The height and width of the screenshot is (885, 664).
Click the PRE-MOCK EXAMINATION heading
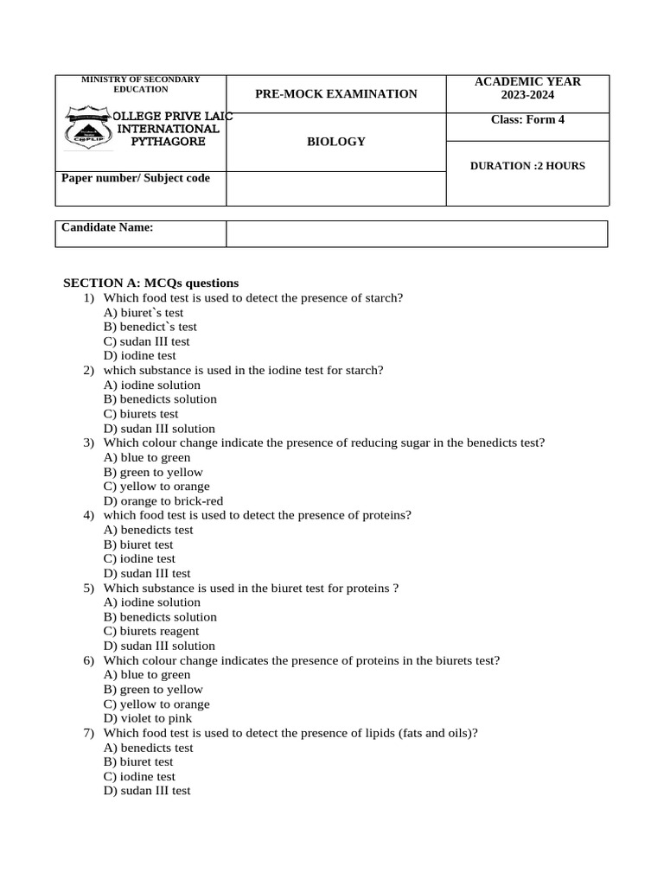coord(335,94)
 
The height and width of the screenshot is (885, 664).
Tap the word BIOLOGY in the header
coord(336,142)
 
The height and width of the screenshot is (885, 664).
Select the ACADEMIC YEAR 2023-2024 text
coord(527,88)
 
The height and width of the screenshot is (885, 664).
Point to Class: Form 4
coord(527,120)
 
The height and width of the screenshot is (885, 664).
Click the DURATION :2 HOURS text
coord(527,166)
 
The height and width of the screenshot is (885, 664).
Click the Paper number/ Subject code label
coord(135,178)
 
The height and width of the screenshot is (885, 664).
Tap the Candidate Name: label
coord(107,227)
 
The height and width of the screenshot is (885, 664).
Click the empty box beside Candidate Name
coord(417,233)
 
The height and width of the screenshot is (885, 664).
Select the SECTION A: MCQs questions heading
coord(151,283)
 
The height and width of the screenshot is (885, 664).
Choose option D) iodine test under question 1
coord(139,355)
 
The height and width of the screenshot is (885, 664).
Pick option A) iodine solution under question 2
coord(151,385)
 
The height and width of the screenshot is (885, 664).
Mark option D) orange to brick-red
coord(163,500)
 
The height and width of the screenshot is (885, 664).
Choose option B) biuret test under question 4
coord(138,544)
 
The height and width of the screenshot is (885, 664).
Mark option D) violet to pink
coord(148,718)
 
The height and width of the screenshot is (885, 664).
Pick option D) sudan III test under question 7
coord(147,791)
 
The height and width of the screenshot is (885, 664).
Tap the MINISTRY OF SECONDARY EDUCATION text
coord(140,84)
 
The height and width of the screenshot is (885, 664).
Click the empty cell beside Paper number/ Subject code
coord(335,188)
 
